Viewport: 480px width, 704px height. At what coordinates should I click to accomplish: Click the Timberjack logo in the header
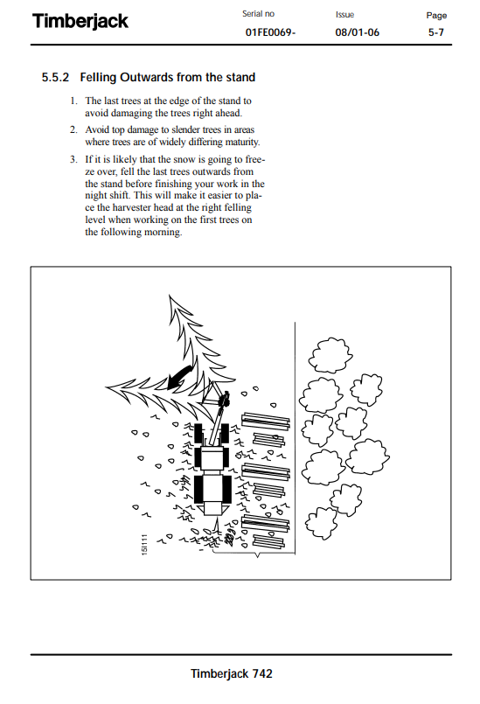point(80,21)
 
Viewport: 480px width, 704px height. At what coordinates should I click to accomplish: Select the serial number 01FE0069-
point(270,32)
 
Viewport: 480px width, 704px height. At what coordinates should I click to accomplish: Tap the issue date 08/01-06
point(357,32)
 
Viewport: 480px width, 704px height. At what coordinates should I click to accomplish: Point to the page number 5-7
point(436,32)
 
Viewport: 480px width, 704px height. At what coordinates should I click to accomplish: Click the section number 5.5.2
point(55,77)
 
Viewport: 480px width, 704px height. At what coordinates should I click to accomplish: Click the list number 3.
point(73,159)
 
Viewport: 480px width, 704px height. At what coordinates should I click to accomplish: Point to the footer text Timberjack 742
point(231,673)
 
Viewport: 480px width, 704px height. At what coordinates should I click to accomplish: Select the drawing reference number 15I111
point(144,544)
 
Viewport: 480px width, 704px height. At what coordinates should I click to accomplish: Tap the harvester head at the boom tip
point(223,398)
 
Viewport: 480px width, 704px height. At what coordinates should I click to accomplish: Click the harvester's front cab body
point(212,458)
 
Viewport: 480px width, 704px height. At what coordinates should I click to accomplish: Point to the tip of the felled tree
point(106,387)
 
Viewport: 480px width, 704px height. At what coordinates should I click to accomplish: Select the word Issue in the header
point(344,15)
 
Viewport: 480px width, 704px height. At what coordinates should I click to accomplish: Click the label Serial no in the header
point(258,14)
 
